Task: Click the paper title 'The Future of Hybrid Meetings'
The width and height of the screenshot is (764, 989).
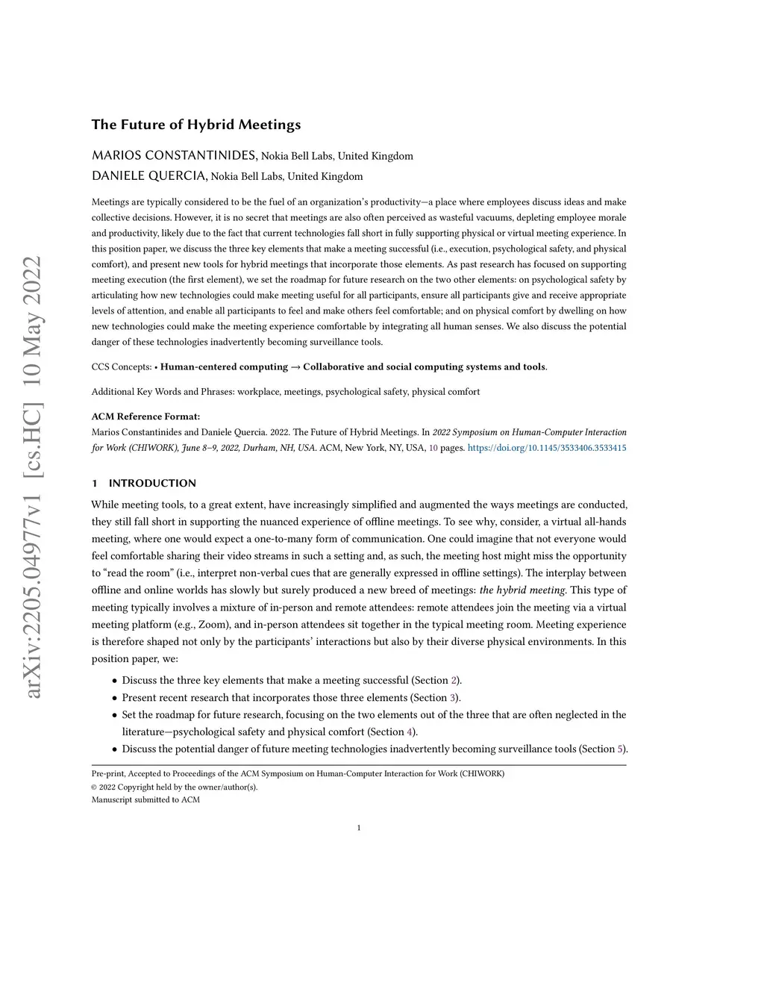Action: [x=196, y=125]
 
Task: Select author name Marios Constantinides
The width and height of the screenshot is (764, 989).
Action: [x=174, y=155]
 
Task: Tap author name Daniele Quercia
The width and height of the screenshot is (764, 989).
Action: [x=149, y=176]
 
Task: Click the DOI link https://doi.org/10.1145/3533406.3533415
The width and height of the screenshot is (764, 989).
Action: [x=547, y=448]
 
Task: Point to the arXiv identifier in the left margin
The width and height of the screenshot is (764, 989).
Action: [x=34, y=478]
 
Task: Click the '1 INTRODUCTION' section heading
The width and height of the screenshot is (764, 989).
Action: [x=144, y=483]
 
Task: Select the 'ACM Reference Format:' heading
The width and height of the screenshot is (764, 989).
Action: [x=145, y=416]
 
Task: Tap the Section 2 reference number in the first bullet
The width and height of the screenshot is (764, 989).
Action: [x=454, y=680]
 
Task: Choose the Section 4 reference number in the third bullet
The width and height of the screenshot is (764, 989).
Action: [x=410, y=731]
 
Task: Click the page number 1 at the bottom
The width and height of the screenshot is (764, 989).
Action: [x=359, y=827]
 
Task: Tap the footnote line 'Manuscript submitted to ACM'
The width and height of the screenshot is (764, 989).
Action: [x=145, y=799]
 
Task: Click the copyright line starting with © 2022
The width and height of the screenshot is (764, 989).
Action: [x=174, y=787]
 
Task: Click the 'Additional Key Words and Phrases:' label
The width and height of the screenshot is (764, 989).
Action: [x=163, y=391]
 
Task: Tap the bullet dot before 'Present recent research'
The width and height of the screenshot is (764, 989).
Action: [x=114, y=698]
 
